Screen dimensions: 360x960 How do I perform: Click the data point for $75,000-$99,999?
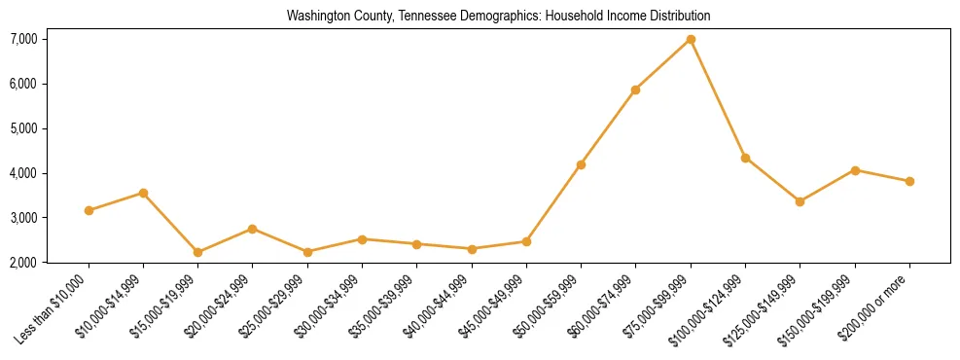point(691,39)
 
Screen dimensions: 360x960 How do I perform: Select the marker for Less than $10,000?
point(89,210)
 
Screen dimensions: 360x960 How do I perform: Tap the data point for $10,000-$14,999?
point(143,193)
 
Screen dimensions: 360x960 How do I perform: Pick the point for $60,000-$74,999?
point(635,90)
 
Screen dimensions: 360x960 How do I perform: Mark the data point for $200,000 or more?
point(909,181)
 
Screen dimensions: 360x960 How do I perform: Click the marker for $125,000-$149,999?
point(800,201)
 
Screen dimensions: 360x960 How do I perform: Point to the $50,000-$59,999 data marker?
point(581,164)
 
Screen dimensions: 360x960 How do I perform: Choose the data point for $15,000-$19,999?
point(197,252)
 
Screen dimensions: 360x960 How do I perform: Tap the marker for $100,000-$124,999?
point(745,158)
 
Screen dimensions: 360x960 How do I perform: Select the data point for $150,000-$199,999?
point(855,170)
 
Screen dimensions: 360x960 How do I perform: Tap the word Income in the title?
point(610,17)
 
